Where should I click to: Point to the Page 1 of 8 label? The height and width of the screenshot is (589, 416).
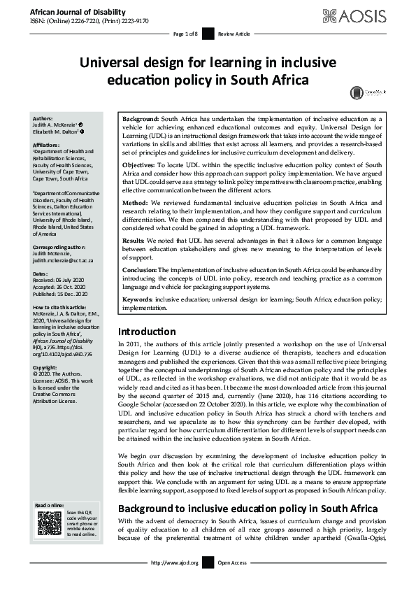coord(187,34)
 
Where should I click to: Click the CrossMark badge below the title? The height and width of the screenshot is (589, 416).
coord(358,92)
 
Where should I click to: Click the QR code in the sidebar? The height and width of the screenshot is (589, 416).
coord(48,524)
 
